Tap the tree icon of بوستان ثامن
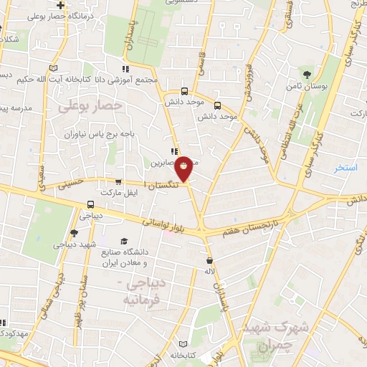[308, 75]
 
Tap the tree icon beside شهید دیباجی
[74, 232]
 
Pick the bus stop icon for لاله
[209, 260]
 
